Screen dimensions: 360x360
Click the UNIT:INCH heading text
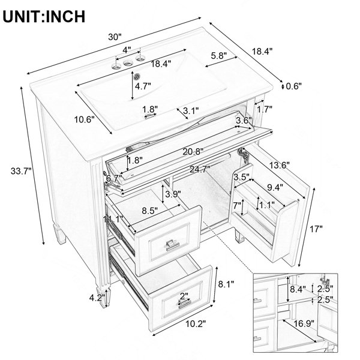[x=44, y=17]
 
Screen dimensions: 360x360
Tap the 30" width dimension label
[x=115, y=37]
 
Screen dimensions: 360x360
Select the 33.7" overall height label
[x=21, y=171]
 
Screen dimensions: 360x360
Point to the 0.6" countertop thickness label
[x=293, y=86]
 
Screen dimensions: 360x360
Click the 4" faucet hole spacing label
[x=127, y=50]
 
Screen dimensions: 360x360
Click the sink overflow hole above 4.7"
[x=137, y=76]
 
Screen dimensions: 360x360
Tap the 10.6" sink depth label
[x=85, y=119]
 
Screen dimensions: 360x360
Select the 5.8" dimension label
[x=219, y=55]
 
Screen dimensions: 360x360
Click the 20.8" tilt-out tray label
[x=193, y=152]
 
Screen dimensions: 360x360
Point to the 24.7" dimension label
[x=200, y=169]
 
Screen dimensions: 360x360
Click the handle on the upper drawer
[x=172, y=245]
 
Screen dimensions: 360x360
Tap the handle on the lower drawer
[x=184, y=304]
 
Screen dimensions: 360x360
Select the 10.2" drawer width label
[x=196, y=324]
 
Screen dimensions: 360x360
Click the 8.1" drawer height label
[x=226, y=284]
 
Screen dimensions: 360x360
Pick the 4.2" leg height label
[x=97, y=298]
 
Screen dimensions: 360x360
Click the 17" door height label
[x=316, y=229]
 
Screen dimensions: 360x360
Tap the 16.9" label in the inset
[x=304, y=324]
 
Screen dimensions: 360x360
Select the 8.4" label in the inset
[x=298, y=289]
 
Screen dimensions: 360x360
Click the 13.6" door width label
[x=279, y=165]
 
